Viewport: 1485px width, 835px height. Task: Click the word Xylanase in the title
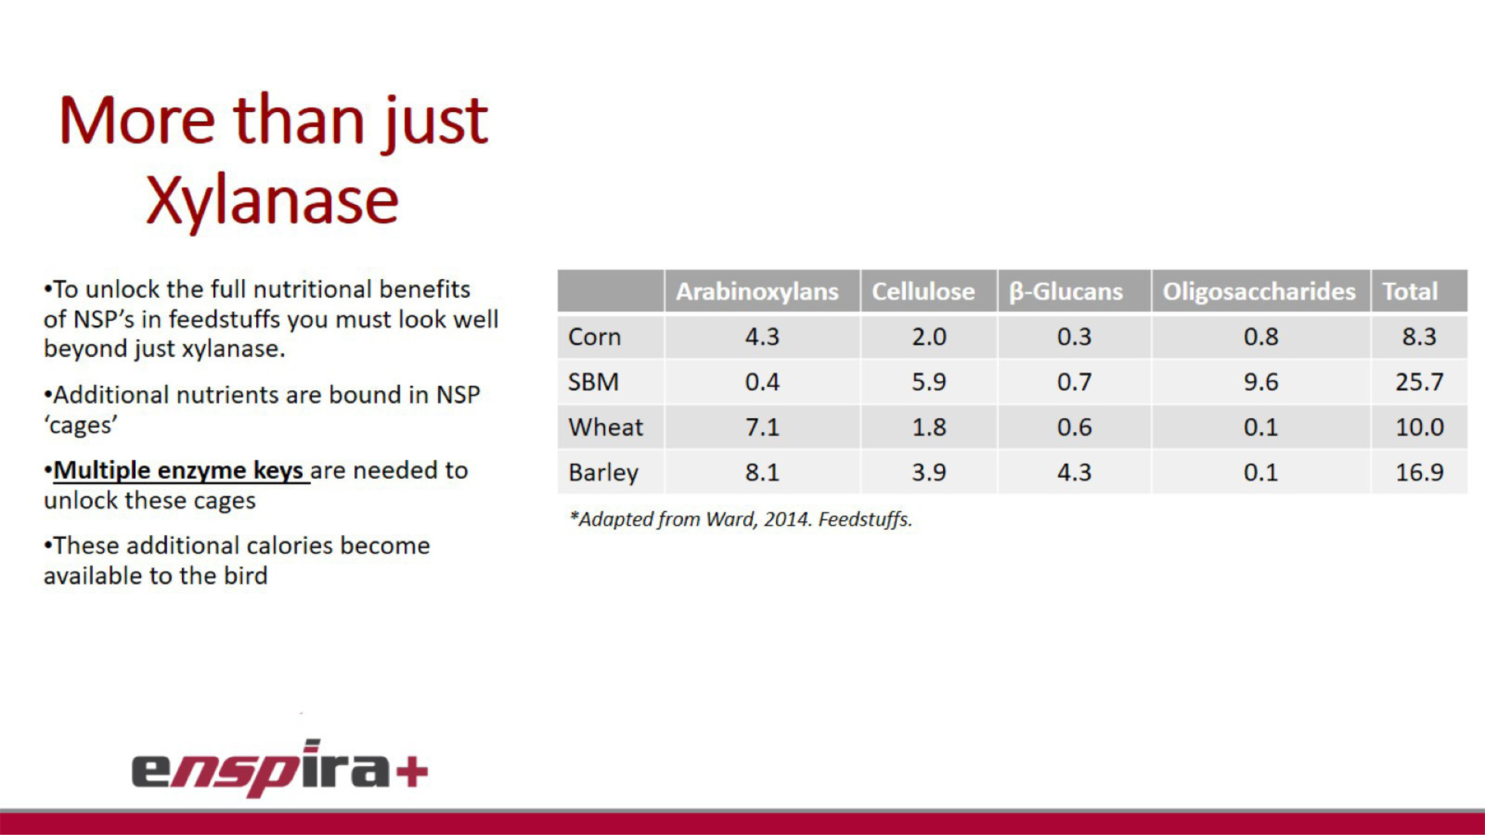[x=272, y=201]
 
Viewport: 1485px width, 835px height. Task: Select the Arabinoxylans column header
[x=757, y=292]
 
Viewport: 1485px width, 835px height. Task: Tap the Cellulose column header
[x=923, y=292]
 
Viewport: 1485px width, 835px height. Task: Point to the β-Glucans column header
[x=1066, y=292]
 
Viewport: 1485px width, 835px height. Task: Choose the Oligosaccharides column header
[x=1259, y=292]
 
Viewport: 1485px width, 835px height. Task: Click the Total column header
[x=1410, y=292]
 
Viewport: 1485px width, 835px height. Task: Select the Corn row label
[x=594, y=337]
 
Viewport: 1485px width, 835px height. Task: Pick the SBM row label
[x=593, y=382]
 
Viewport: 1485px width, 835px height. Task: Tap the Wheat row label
[x=606, y=428]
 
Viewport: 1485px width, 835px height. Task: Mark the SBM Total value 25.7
[x=1420, y=382]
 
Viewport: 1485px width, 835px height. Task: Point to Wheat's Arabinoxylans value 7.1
[x=763, y=428]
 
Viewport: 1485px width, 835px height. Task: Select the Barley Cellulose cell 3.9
[x=929, y=473]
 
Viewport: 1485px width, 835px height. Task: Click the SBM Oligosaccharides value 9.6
[x=1261, y=382]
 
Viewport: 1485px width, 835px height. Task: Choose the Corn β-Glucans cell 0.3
[x=1074, y=337]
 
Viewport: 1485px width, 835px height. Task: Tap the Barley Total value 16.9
[x=1420, y=473]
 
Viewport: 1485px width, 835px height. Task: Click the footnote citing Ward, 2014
[x=740, y=520]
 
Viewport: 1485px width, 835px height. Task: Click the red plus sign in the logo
[x=412, y=772]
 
